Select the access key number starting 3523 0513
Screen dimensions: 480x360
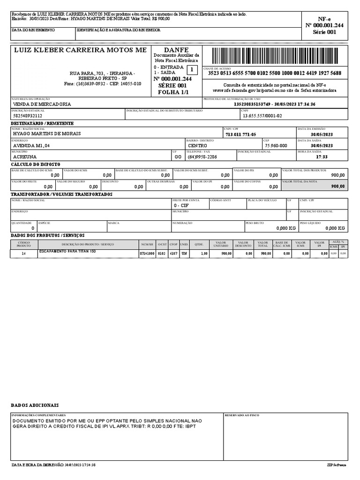pyautogui.click(x=274, y=73)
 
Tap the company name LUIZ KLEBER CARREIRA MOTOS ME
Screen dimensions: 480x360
pyautogui.click(x=81, y=50)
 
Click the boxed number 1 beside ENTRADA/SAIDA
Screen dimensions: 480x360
pyautogui.click(x=191, y=70)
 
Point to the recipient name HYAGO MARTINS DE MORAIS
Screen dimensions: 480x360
pyautogui.click(x=46, y=134)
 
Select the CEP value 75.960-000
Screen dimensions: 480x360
pyautogui.click(x=276, y=145)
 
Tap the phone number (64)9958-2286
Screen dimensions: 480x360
pyautogui.click(x=202, y=157)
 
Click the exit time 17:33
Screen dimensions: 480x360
pyautogui.click(x=322, y=157)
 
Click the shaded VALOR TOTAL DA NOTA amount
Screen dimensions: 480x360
pyautogui.click(x=337, y=186)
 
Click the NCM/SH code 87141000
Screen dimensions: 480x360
pyautogui.click(x=147, y=254)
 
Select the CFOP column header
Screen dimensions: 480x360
pyautogui.click(x=173, y=245)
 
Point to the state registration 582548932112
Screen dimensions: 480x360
pyautogui.click(x=28, y=115)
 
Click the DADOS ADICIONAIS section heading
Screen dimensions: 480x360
pyautogui.click(x=35, y=405)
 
